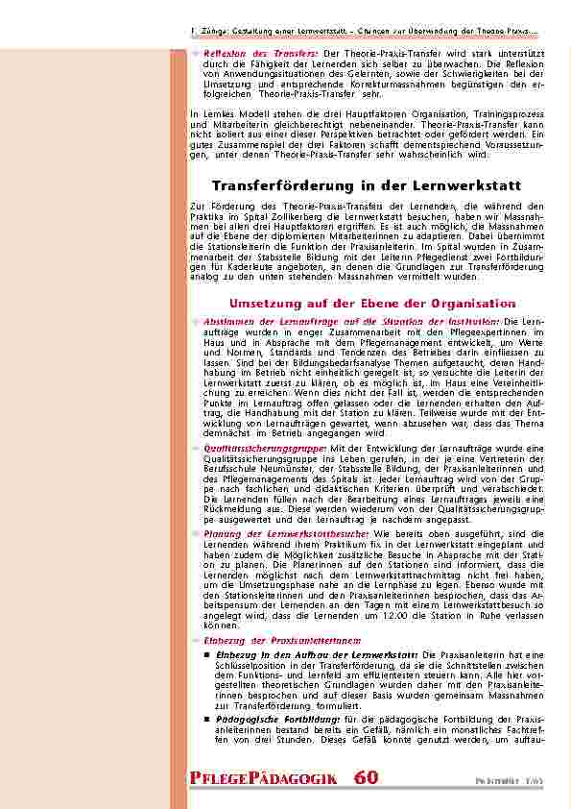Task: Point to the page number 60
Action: (x=366, y=776)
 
